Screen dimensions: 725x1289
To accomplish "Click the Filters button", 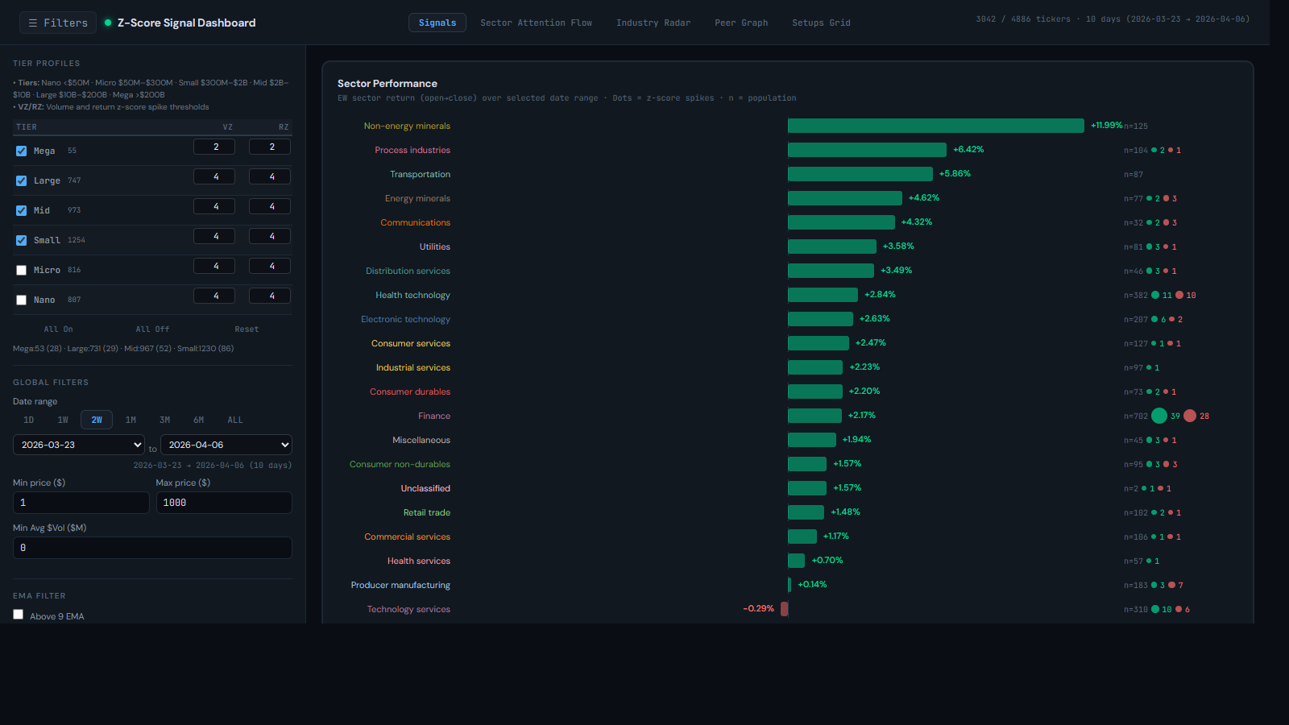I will (x=57, y=23).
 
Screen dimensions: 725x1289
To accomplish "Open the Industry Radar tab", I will (x=653, y=23).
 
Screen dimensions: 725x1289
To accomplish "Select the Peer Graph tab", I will (x=740, y=23).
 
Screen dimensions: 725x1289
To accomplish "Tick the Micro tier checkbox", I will (x=22, y=271).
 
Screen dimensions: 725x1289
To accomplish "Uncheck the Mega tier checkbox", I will (x=22, y=151).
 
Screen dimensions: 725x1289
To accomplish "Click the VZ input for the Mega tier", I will (x=214, y=147).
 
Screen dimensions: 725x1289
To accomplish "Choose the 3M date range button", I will (x=164, y=420).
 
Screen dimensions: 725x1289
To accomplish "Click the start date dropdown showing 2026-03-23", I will (x=79, y=445).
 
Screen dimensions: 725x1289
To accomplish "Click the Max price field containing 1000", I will (x=223, y=503).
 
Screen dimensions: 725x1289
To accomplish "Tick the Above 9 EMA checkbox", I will (x=19, y=615).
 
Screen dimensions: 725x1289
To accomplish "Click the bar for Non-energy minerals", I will (x=935, y=126).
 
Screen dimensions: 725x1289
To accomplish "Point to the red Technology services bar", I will (x=784, y=609).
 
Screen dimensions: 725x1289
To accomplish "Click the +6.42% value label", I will (x=968, y=150).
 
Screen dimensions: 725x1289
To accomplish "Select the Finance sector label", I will (x=433, y=416).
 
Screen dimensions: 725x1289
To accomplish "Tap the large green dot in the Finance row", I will (x=1158, y=416).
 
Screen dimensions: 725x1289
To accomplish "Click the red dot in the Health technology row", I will (x=1179, y=295).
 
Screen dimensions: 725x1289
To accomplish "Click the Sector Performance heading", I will (x=387, y=84).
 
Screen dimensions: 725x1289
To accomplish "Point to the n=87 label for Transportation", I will (x=1133, y=174).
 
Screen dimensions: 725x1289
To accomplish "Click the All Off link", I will (x=152, y=329).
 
